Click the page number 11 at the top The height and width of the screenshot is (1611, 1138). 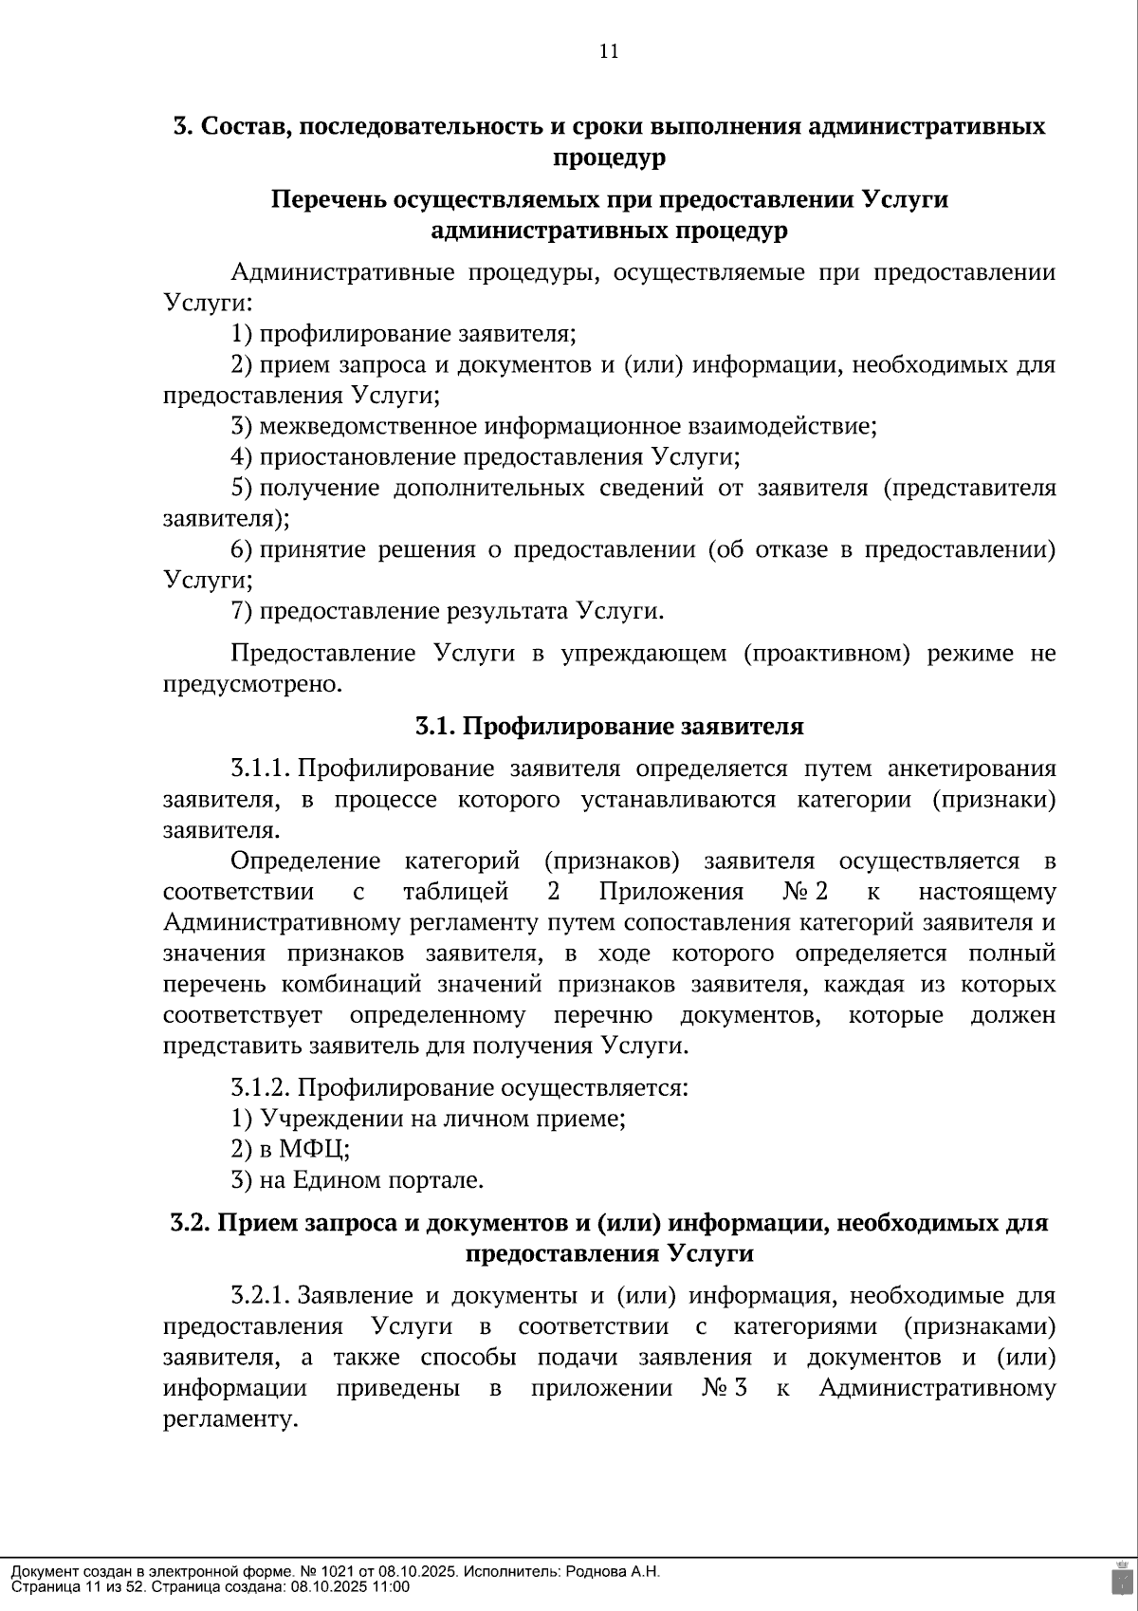(x=609, y=52)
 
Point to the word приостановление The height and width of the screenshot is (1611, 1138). (x=358, y=457)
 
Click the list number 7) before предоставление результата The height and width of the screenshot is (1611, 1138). (x=242, y=611)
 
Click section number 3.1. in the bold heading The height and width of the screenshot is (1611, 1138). (x=435, y=727)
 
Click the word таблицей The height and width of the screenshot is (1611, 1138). (x=456, y=892)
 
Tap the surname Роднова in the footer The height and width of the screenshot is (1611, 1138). (x=596, y=1571)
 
